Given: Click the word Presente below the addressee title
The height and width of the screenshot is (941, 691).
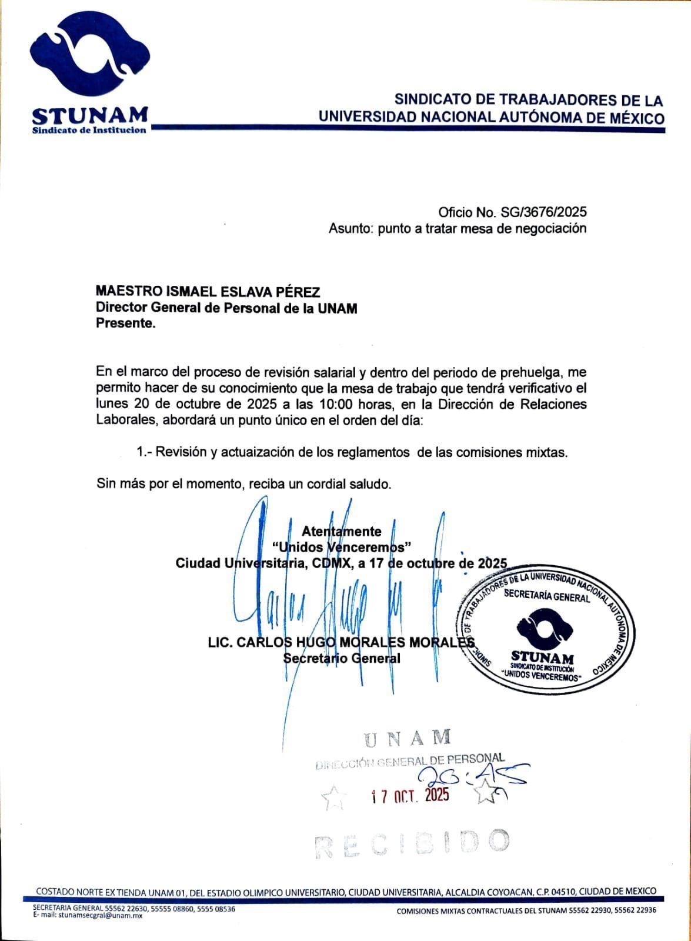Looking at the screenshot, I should (x=125, y=323).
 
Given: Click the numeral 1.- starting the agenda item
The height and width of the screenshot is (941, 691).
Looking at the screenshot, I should (x=143, y=452).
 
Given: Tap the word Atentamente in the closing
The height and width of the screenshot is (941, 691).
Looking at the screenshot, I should (x=342, y=531).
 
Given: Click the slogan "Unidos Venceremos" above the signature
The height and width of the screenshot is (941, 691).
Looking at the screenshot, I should (x=342, y=547).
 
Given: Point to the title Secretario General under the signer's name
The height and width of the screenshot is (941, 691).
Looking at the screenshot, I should (x=342, y=658).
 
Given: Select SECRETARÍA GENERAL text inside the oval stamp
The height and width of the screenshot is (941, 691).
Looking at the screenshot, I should (x=546, y=596).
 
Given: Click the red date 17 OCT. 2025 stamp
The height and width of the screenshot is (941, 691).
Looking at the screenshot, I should (x=410, y=796).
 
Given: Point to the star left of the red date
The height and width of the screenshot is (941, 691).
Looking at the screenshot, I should (x=333, y=798).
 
